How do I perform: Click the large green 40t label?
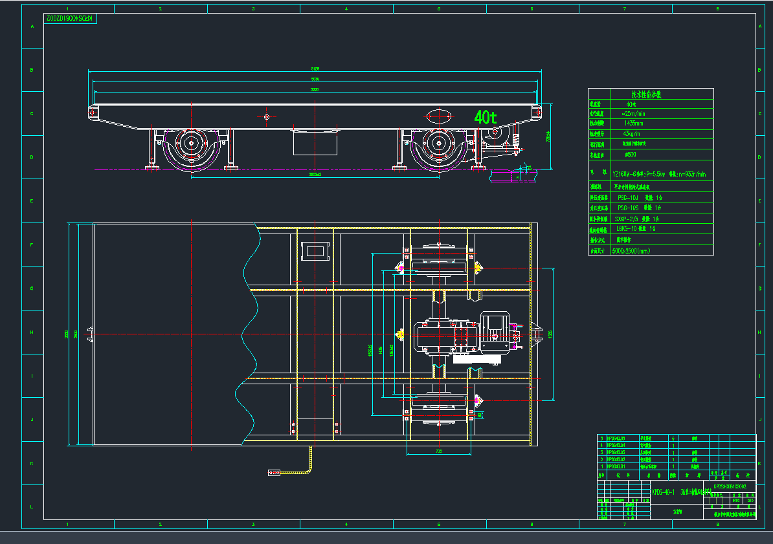pyautogui.click(x=485, y=117)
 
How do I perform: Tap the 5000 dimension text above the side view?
pyautogui.click(x=315, y=90)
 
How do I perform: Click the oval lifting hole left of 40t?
pyautogui.click(x=438, y=117)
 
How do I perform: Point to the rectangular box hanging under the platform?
pyautogui.click(x=315, y=142)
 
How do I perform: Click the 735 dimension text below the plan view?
pyautogui.click(x=439, y=451)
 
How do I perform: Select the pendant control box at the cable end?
pyautogui.click(x=274, y=473)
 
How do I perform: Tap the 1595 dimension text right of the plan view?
pyautogui.click(x=550, y=334)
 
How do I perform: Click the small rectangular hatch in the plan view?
pyautogui.click(x=315, y=250)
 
